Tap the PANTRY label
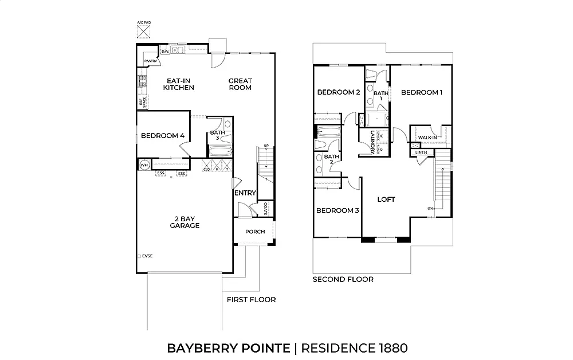point(151,61)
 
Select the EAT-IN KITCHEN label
point(178,84)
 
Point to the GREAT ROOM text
point(240,84)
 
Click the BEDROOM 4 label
point(163,136)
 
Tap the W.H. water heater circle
point(144,165)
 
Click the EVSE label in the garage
point(147,256)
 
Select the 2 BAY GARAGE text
point(185,222)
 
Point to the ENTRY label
point(245,193)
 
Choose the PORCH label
point(255,232)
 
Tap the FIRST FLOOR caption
point(251,300)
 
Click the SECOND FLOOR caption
point(343,280)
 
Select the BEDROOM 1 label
point(422,92)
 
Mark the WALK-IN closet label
point(427,138)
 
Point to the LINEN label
point(421,152)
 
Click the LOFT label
point(386,199)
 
